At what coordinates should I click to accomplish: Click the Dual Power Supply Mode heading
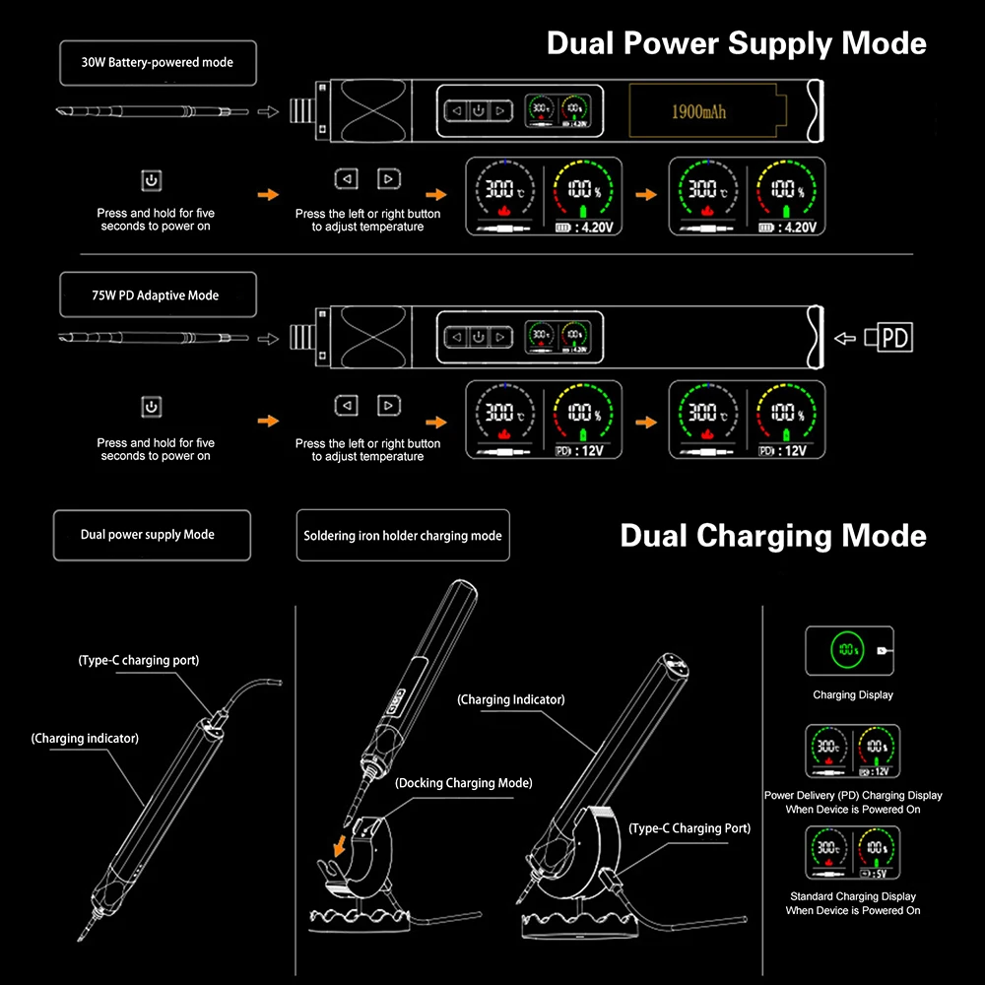[736, 43]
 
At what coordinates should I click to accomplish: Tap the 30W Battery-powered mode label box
[158, 62]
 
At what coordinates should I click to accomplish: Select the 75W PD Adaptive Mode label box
[158, 295]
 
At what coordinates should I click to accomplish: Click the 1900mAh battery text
[698, 111]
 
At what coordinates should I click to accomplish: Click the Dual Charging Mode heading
[772, 536]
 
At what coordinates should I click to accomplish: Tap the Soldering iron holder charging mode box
[403, 536]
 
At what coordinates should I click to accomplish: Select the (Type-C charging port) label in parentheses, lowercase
[139, 660]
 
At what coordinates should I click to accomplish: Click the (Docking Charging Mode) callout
[463, 783]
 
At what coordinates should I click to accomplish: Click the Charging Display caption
[853, 694]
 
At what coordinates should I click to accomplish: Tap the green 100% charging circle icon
[845, 650]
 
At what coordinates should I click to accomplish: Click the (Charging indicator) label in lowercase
[85, 738]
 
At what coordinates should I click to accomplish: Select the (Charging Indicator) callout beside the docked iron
[511, 699]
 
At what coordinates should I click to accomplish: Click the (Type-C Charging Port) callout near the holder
[689, 828]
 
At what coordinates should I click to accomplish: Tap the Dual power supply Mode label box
[148, 535]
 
